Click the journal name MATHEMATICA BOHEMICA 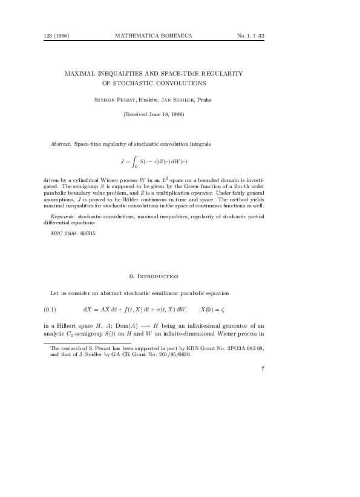point(153,36)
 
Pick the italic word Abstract point(61,146)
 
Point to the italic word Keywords point(63,216)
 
